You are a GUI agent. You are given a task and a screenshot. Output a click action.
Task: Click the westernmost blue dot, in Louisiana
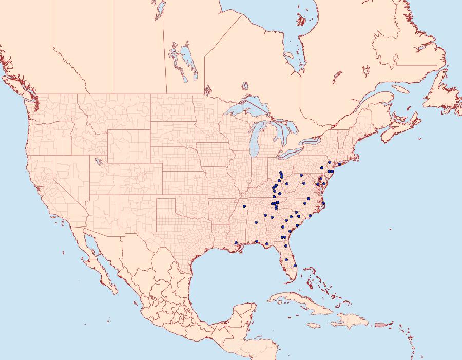pyautogui.click(x=236, y=243)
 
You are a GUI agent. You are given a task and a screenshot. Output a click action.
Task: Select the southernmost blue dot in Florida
pyautogui.click(x=295, y=266)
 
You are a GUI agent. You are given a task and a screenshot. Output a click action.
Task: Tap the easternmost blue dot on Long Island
pyautogui.click(x=340, y=164)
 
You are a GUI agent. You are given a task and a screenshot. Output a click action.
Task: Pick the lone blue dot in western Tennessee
pyautogui.click(x=256, y=222)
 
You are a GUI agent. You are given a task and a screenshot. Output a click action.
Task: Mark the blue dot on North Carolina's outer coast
pyautogui.click(x=324, y=204)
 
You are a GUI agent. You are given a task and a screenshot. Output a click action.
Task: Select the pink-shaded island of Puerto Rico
pyautogui.click(x=380, y=324)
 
